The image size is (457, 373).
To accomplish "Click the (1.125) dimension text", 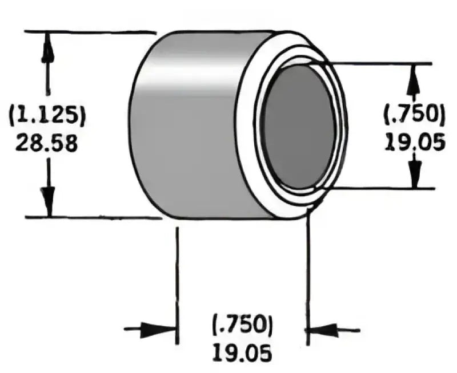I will point(47,116).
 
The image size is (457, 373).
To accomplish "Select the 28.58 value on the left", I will point(46,143).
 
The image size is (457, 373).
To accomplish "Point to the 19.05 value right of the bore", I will point(415,141).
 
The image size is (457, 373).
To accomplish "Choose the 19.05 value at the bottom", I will point(242,354).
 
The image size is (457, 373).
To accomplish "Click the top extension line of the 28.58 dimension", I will point(91,32).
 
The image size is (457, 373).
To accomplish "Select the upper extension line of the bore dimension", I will point(383,64).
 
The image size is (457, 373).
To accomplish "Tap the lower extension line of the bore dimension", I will point(383,188).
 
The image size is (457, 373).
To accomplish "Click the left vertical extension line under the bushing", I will point(177,285).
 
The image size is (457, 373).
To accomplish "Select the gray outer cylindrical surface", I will point(189,125).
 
